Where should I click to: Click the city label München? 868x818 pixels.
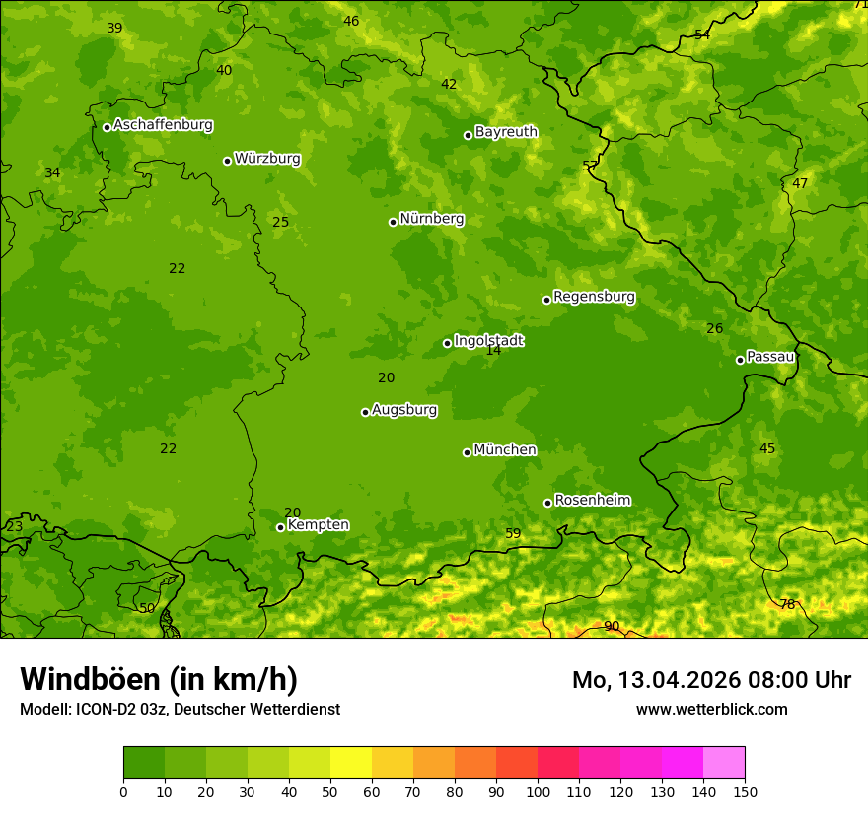point(505,450)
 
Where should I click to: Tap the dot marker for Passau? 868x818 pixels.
point(740,360)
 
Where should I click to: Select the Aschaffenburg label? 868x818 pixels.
point(163,125)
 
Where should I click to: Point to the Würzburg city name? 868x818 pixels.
point(267,159)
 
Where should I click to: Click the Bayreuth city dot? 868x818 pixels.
point(468,135)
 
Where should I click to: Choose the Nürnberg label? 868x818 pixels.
point(431,219)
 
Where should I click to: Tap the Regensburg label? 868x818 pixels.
point(594,297)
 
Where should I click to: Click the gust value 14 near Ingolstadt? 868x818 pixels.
point(493,350)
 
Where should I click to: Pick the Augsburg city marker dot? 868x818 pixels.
point(365,412)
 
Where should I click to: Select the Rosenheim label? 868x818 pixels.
point(592,501)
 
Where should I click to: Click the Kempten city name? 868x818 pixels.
point(318,525)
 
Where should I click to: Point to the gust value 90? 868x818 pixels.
point(612,626)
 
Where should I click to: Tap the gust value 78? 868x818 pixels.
point(787,604)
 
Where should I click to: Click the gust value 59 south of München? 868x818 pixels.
point(513,533)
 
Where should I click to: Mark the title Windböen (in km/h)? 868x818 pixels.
point(159,679)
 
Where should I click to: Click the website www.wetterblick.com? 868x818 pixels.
point(711,709)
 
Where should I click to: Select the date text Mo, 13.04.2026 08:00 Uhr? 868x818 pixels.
point(711,680)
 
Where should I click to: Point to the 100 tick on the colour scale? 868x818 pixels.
point(538,792)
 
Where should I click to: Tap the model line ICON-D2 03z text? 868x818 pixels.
point(180,709)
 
